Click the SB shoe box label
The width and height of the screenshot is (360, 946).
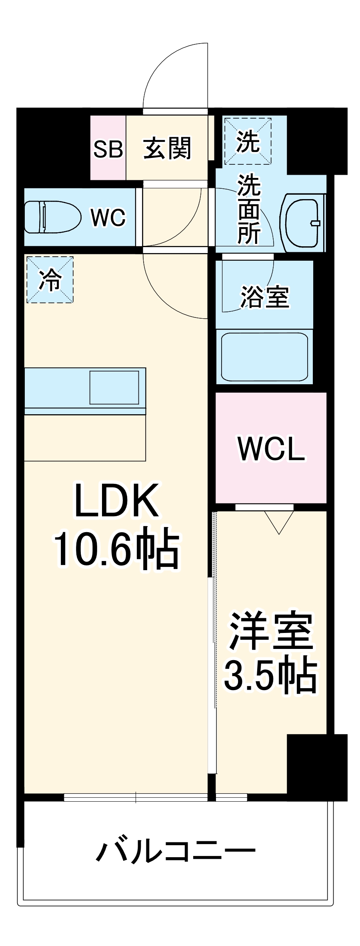click(x=108, y=149)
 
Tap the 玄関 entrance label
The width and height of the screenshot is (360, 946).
click(x=167, y=148)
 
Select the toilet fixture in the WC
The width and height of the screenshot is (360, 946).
click(x=52, y=217)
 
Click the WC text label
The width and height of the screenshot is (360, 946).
click(x=108, y=218)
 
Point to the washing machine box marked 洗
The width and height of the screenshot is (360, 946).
click(x=248, y=141)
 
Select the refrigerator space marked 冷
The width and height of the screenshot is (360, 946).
click(x=50, y=279)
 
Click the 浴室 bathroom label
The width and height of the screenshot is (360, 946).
click(x=264, y=297)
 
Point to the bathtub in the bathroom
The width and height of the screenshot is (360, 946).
click(x=264, y=356)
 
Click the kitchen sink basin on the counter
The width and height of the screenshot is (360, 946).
click(x=114, y=387)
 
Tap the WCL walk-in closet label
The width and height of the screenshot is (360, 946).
click(x=271, y=449)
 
